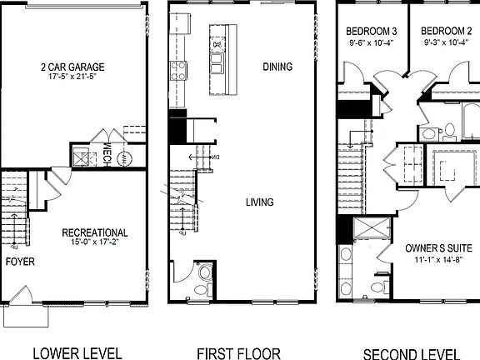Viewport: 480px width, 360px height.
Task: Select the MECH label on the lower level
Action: pos(107,155)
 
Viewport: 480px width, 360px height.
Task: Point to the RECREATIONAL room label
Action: pos(95,232)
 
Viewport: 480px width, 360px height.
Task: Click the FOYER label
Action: pos(21,261)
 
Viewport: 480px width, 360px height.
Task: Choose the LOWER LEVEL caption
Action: pos(77,352)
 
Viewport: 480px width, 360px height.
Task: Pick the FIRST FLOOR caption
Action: pos(237,352)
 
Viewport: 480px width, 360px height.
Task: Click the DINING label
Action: pos(277,67)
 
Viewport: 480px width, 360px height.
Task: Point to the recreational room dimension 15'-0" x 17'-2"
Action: pos(95,244)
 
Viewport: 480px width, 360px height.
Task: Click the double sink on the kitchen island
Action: pos(218,62)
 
